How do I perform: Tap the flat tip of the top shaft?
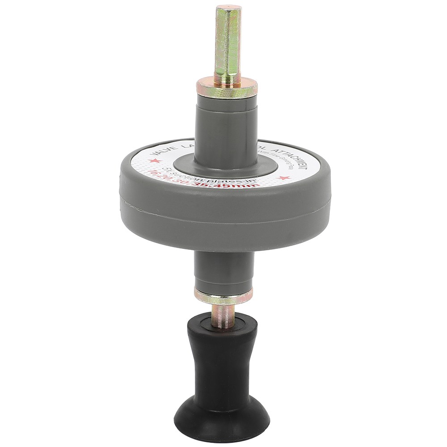pos(228,8)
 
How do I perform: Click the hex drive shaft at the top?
pos(228,45)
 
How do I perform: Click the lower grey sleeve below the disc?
pos(223,268)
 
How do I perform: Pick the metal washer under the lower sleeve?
pos(223,295)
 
